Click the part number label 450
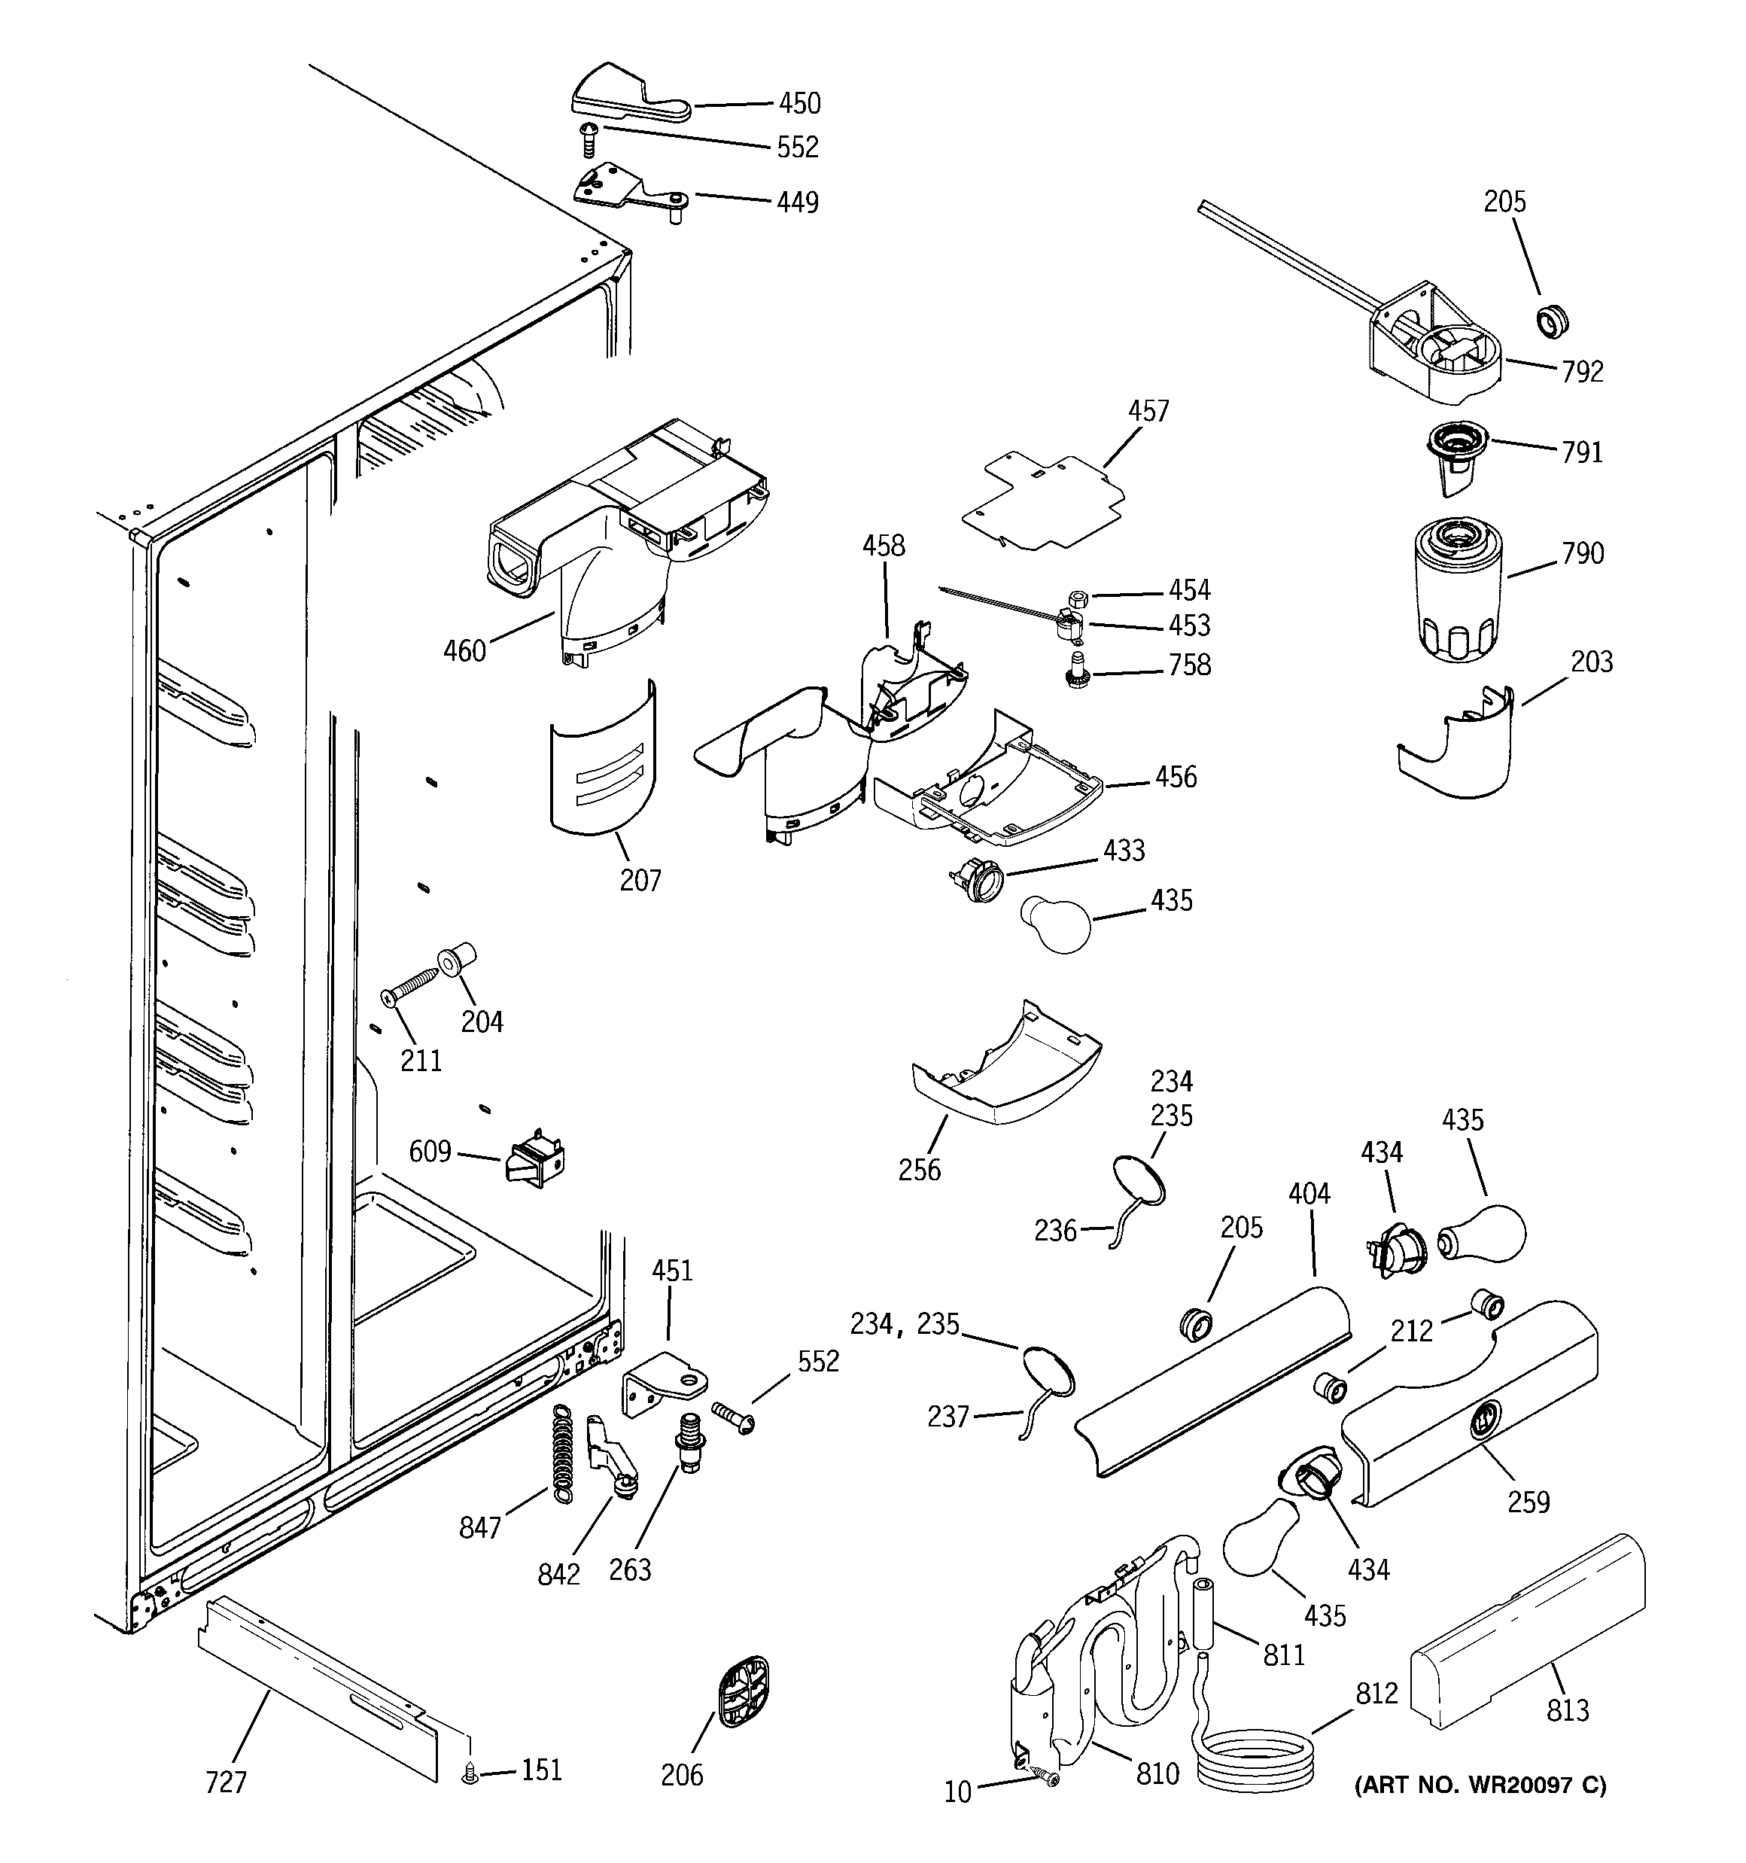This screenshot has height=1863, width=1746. click(798, 103)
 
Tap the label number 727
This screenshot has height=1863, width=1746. click(226, 1782)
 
